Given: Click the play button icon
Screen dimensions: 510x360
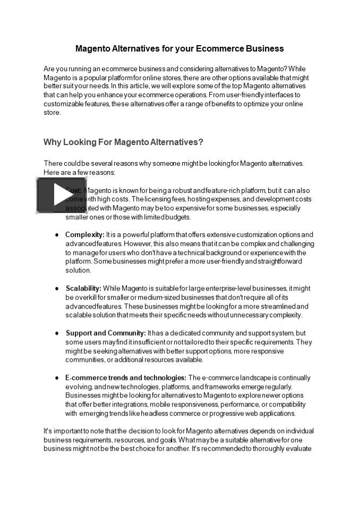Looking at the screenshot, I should pos(61,195).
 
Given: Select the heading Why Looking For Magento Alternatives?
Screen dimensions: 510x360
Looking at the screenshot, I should pos(123,142).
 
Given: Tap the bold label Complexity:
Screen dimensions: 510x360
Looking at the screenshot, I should pos(84,234).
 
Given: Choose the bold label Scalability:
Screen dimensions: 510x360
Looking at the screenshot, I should pos(83,288).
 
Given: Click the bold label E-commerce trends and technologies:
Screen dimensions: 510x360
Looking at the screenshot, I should pos(125,378).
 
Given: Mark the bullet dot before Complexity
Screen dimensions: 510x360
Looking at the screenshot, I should pos(57,235).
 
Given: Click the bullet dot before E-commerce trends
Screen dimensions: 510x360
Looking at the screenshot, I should pos(57,378).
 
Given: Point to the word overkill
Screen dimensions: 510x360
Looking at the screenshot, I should pos(88,297).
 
